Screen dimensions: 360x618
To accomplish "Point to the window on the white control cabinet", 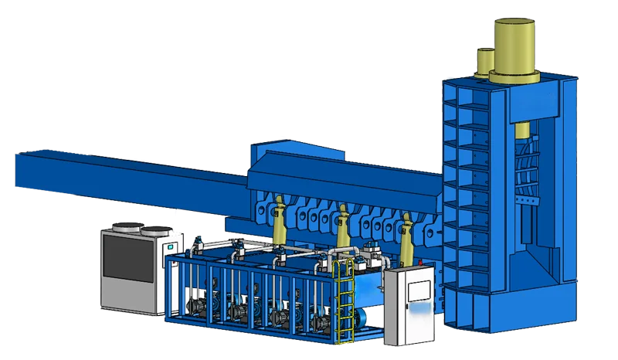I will coord(418,290).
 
